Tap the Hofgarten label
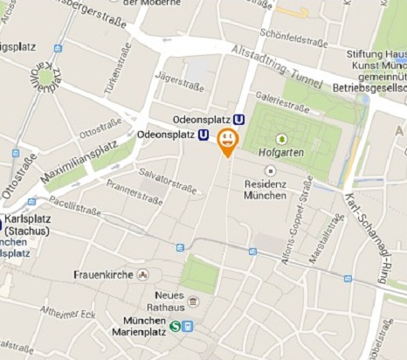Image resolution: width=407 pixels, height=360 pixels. (279, 152)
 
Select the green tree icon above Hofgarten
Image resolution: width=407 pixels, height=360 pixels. (281, 138)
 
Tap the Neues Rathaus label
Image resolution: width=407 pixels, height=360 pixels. (169, 301)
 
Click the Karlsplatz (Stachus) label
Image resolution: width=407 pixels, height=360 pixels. (27, 225)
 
